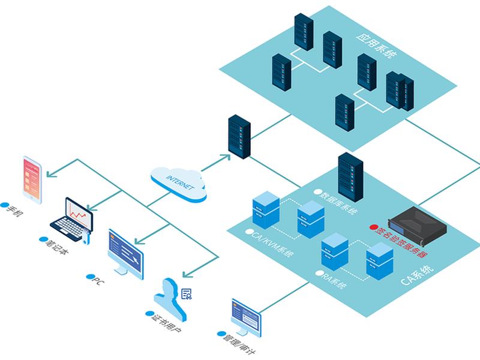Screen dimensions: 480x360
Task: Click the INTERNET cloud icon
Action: click(179, 184)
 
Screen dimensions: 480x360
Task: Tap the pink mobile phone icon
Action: click(32, 179)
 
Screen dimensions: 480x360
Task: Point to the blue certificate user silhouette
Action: click(170, 298)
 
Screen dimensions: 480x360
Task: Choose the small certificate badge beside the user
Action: click(187, 294)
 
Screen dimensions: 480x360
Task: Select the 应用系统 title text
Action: click(377, 46)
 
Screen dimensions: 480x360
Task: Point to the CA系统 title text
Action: click(417, 275)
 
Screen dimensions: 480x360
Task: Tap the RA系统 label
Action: click(332, 279)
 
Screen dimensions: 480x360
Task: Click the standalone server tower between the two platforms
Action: click(239, 137)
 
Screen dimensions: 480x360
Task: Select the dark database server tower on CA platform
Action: click(350, 177)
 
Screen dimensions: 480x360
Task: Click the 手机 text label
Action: click(11, 209)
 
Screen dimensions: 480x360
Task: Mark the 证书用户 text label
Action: click(164, 322)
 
